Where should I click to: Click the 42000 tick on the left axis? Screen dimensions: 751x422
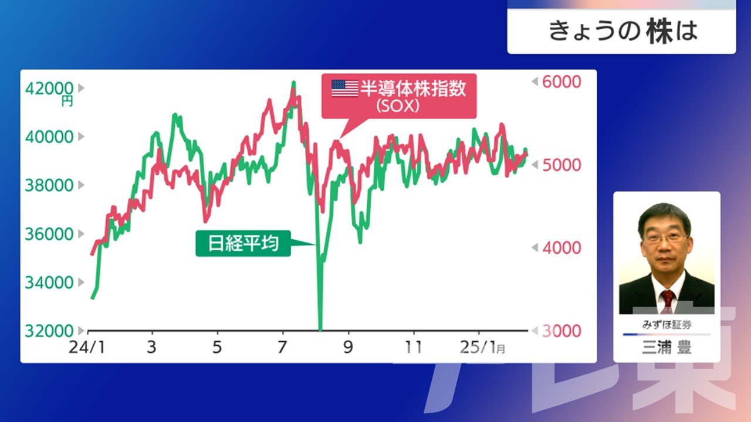coord(49,89)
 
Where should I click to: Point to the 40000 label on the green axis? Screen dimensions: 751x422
coord(49,137)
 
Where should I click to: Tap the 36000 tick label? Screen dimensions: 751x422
coord(49,234)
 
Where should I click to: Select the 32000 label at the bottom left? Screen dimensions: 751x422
coord(49,331)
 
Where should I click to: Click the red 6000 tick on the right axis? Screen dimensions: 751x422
coord(561,81)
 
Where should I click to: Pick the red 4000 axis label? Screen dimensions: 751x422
coord(561,248)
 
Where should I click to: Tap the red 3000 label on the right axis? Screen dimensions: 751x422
coord(561,331)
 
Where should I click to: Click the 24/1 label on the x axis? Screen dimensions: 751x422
coord(87,348)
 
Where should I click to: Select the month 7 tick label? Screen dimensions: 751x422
coord(282,348)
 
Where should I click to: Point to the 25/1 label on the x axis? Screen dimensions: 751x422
coord(478,348)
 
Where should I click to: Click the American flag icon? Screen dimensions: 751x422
coord(344,88)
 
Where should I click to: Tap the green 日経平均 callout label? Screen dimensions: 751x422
coord(243,243)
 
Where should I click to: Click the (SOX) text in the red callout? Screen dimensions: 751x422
coord(398,107)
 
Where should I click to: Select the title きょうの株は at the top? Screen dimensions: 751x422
coord(623,31)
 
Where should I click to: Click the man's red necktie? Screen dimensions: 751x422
coord(667,301)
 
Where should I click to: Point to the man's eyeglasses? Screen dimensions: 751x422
coord(665,239)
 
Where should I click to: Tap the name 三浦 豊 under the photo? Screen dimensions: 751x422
coord(667,347)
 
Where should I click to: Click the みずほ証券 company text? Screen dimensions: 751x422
coord(667,325)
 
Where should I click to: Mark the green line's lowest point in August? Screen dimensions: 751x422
coord(320,330)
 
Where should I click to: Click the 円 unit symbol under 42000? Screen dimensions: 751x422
coord(67,101)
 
